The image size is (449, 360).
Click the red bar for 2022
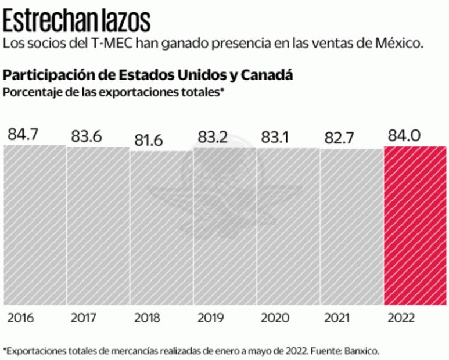[415, 226]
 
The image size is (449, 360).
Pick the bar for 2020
[288, 226]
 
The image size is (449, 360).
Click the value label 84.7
[23, 134]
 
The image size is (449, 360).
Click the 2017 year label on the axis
[84, 318]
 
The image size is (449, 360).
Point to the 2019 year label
[210, 318]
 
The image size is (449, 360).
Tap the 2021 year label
[337, 318]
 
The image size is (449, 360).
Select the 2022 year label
[401, 318]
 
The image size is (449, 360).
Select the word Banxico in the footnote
[362, 351]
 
